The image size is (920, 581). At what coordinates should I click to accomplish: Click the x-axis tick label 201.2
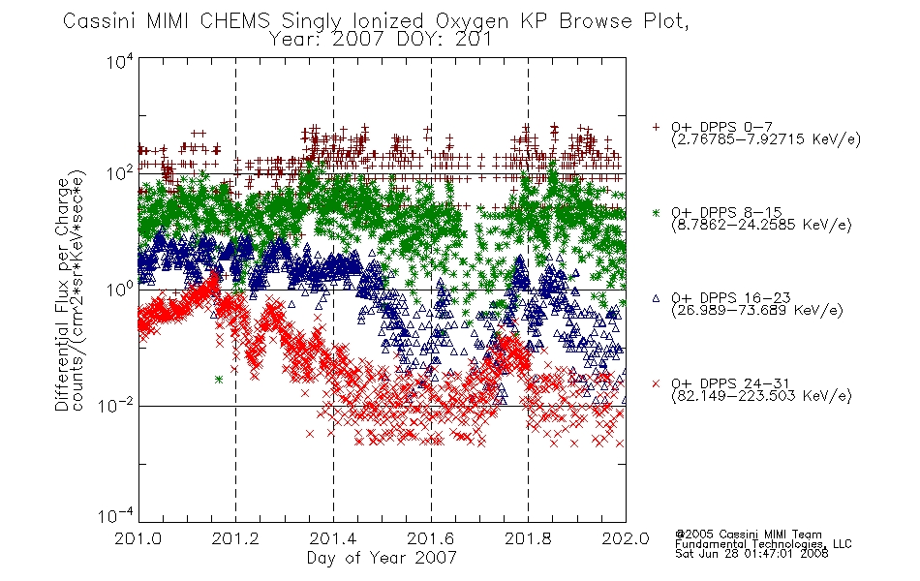click(235, 538)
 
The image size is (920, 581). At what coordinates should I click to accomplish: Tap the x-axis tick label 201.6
click(431, 538)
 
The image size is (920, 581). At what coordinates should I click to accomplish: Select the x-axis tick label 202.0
click(626, 538)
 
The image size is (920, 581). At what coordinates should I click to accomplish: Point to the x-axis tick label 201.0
click(138, 538)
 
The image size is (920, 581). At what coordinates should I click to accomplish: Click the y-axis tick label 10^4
click(120, 61)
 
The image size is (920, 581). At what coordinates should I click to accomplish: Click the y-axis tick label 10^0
click(120, 289)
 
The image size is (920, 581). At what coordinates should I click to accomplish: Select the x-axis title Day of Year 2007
click(382, 558)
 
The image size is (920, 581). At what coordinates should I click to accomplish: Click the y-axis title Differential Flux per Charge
click(62, 294)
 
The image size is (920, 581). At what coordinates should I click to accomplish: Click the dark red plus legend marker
click(656, 127)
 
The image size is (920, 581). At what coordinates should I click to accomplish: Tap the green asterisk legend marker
click(656, 212)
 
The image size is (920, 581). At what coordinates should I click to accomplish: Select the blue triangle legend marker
click(656, 298)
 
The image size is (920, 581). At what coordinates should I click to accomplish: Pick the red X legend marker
click(656, 383)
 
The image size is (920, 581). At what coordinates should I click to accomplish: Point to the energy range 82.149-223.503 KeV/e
click(761, 395)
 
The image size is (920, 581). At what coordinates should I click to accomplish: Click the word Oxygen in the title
click(472, 21)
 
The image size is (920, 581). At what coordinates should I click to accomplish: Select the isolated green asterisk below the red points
click(218, 380)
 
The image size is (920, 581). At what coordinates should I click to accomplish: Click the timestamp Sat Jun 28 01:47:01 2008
click(751, 554)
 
